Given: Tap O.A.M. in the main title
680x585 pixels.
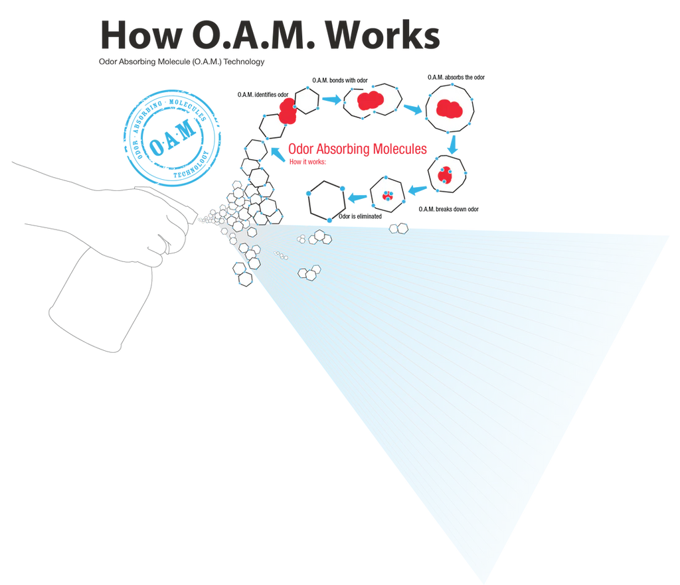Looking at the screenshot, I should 253,36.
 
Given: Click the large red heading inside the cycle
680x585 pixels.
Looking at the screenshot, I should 357,149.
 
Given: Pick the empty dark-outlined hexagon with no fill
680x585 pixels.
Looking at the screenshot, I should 326,199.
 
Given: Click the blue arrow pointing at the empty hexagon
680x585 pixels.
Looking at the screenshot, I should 359,195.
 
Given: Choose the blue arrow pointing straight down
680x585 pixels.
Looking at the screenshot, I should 454,144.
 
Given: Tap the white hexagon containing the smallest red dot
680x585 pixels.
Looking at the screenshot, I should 386,195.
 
